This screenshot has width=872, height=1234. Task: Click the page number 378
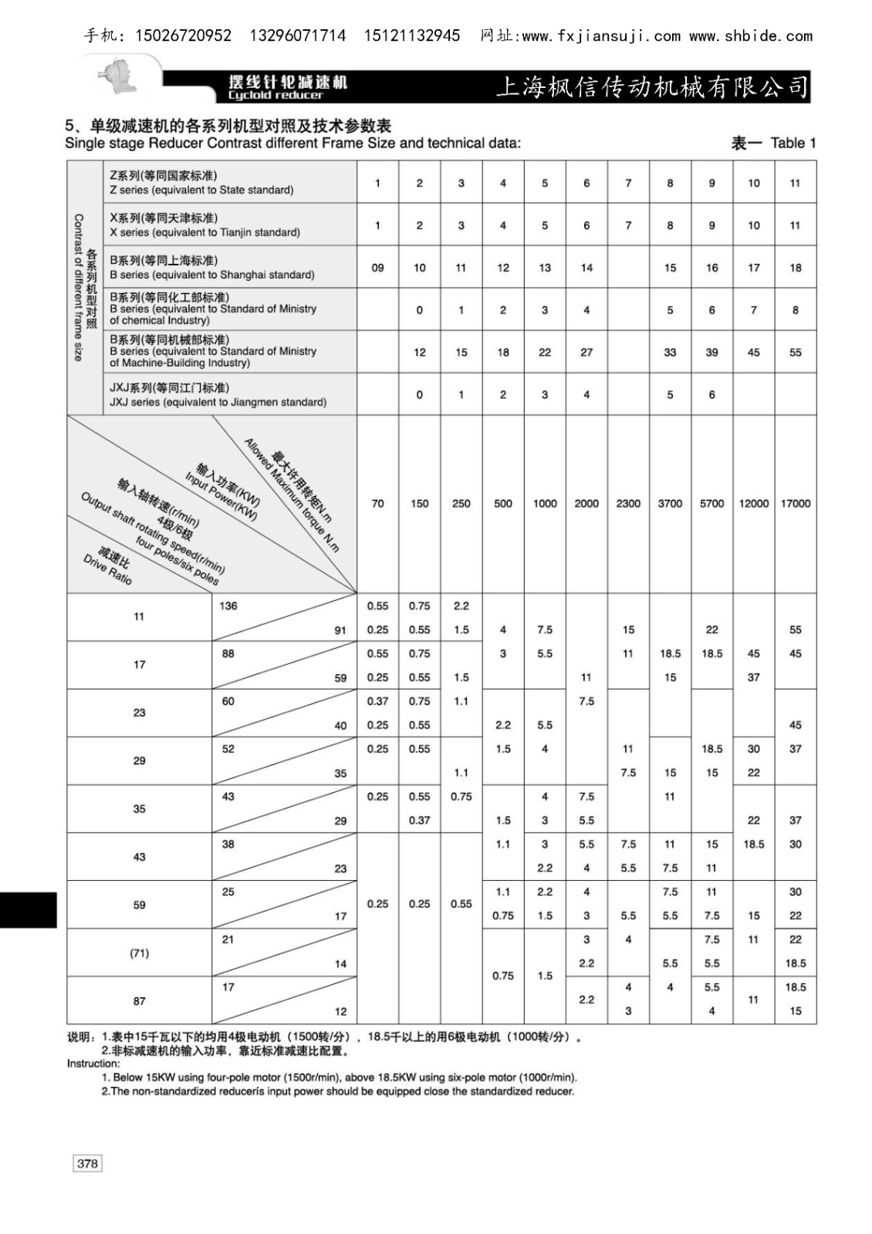pyautogui.click(x=87, y=1163)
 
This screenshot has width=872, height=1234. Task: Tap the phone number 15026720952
pyautogui.click(x=183, y=36)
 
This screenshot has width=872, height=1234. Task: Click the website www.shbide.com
pyautogui.click(x=750, y=36)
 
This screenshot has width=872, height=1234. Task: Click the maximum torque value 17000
pyautogui.click(x=795, y=504)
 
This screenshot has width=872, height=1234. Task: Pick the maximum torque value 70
pyautogui.click(x=377, y=504)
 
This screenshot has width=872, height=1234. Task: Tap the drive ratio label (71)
pyautogui.click(x=139, y=953)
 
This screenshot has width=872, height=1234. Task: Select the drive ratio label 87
pyautogui.click(x=139, y=1001)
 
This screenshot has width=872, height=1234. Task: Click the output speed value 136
pyautogui.click(x=228, y=606)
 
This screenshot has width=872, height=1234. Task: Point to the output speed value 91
pyautogui.click(x=340, y=630)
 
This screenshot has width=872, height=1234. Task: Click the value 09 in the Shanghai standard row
pyautogui.click(x=377, y=268)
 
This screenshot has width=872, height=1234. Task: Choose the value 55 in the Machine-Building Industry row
pyautogui.click(x=795, y=352)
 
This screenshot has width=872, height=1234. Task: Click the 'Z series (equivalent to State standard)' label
pyautogui.click(x=201, y=190)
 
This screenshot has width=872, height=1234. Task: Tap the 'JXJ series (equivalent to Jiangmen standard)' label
pyautogui.click(x=218, y=402)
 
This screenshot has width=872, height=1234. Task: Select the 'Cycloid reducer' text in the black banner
pyautogui.click(x=275, y=96)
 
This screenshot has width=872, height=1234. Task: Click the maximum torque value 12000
pyautogui.click(x=753, y=504)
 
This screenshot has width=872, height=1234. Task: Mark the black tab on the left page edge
pyautogui.click(x=29, y=909)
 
